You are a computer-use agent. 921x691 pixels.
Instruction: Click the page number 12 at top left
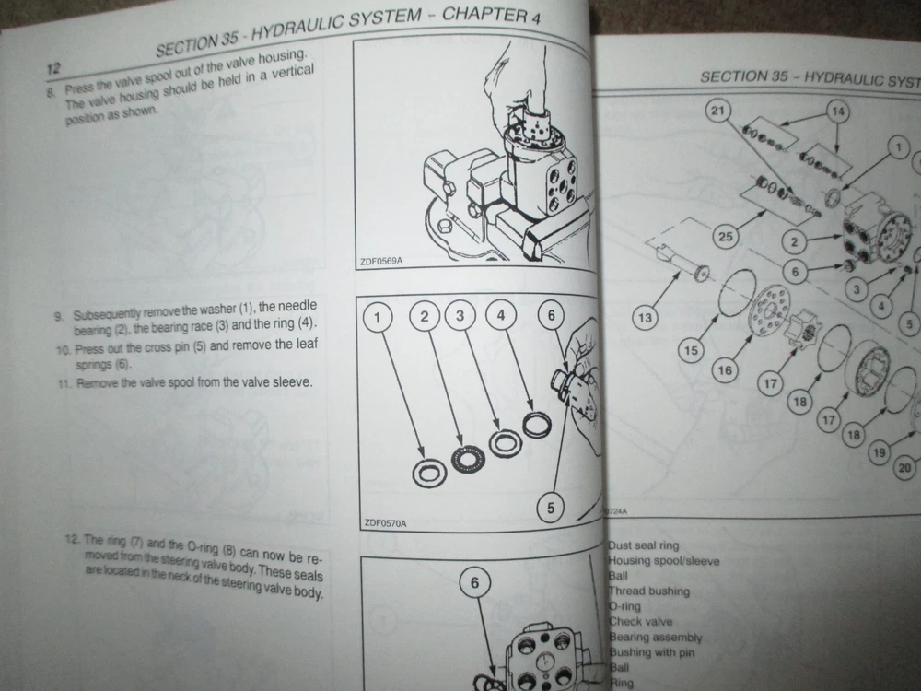click(53, 68)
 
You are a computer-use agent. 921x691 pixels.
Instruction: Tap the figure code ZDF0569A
click(382, 262)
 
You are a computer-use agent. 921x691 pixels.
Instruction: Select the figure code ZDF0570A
click(385, 523)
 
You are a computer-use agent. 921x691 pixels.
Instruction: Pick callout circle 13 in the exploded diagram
click(646, 319)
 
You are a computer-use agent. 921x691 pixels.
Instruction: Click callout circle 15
click(692, 349)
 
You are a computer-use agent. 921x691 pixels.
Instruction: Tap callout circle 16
click(725, 370)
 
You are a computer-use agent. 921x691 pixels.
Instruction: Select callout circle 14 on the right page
click(837, 111)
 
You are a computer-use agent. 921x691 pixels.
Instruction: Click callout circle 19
click(879, 451)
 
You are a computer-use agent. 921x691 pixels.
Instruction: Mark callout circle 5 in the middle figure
click(551, 506)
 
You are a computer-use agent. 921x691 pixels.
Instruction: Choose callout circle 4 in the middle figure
click(501, 317)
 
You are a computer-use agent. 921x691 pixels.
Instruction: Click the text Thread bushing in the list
click(649, 591)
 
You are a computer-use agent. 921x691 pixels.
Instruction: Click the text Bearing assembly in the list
click(655, 637)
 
